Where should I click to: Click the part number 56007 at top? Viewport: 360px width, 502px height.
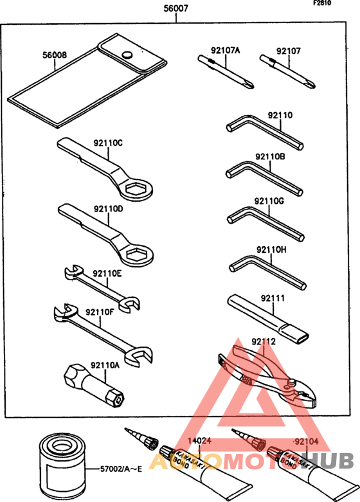pyautogui.click(x=176, y=8)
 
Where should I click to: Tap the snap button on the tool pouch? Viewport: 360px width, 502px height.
pyautogui.click(x=127, y=55)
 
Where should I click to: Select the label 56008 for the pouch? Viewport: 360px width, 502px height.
pyautogui.click(x=55, y=55)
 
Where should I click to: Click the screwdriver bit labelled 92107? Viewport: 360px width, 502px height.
pyautogui.click(x=287, y=71)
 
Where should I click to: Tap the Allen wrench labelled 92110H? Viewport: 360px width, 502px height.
pyautogui.click(x=268, y=271)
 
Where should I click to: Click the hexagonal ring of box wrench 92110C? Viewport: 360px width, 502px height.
pyautogui.click(x=136, y=190)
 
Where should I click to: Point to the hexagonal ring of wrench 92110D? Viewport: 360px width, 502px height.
pyautogui.click(x=137, y=255)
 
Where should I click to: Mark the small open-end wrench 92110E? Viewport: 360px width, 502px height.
pyautogui.click(x=102, y=289)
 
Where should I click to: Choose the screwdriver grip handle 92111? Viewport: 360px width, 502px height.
pyautogui.click(x=268, y=319)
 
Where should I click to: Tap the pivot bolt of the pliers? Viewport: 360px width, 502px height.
pyautogui.click(x=292, y=382)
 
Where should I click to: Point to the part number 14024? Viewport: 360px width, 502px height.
pyautogui.click(x=199, y=440)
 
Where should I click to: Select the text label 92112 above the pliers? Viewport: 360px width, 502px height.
pyautogui.click(x=264, y=341)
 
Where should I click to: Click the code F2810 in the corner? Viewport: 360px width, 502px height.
pyautogui.click(x=322, y=3)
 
